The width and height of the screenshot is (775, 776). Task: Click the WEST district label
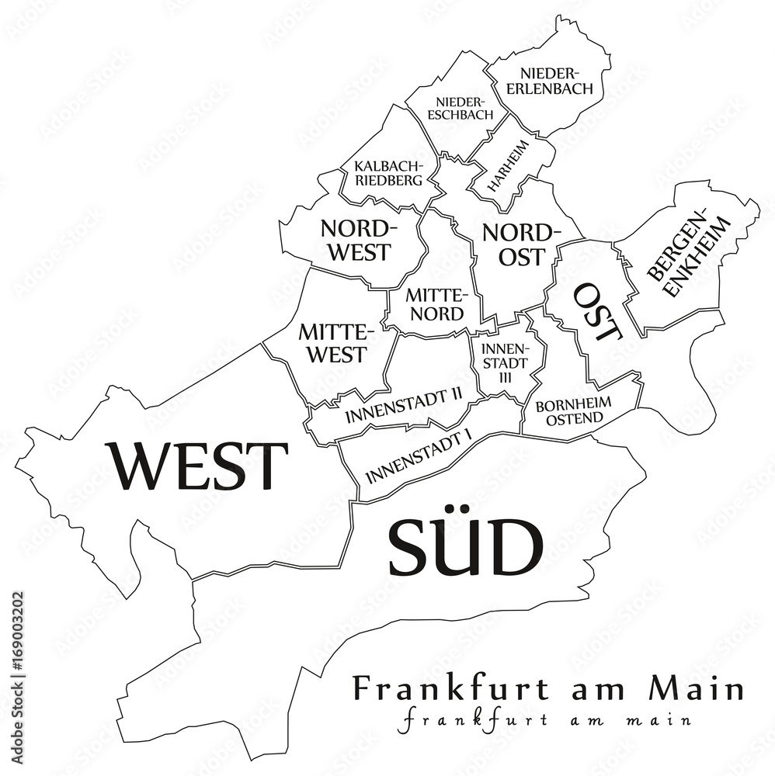(200, 466)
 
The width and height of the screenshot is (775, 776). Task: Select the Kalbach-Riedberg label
(387, 173)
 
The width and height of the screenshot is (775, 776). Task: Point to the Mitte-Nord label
(436, 305)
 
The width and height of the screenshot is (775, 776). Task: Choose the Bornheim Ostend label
(574, 411)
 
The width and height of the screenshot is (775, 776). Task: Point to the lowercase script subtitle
(544, 719)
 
